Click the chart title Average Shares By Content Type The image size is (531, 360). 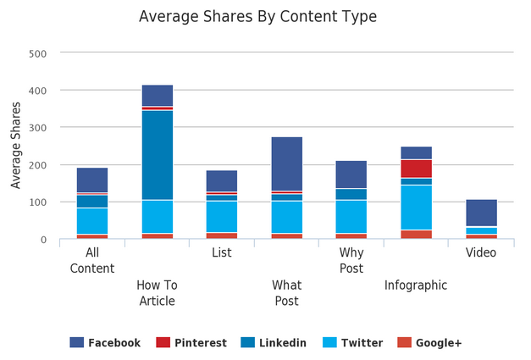click(x=257, y=17)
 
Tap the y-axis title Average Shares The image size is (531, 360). click(x=16, y=147)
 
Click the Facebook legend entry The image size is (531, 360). click(x=105, y=343)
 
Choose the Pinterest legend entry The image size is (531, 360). click(x=191, y=343)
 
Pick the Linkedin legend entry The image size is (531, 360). click(x=274, y=343)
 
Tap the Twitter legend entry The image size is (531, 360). click(x=352, y=343)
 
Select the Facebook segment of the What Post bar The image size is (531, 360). click(x=287, y=163)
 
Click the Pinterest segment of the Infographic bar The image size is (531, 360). click(x=417, y=169)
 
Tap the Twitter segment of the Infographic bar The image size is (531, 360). click(x=417, y=208)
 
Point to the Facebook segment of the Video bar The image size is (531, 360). click(x=481, y=213)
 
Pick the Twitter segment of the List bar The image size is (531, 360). click(x=222, y=216)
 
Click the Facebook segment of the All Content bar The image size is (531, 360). click(x=92, y=180)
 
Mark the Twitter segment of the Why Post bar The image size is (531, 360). click(x=351, y=216)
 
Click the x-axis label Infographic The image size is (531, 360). click(x=416, y=285)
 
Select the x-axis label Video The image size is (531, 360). click(x=481, y=252)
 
